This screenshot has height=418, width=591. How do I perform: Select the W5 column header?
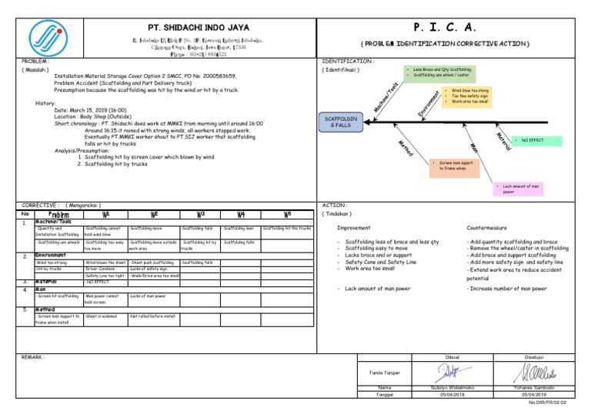[x=287, y=215]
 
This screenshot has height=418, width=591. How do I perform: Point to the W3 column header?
[x=199, y=215]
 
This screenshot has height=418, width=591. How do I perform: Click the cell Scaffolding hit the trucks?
[x=287, y=228]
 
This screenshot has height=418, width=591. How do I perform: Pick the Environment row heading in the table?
[x=55, y=254]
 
